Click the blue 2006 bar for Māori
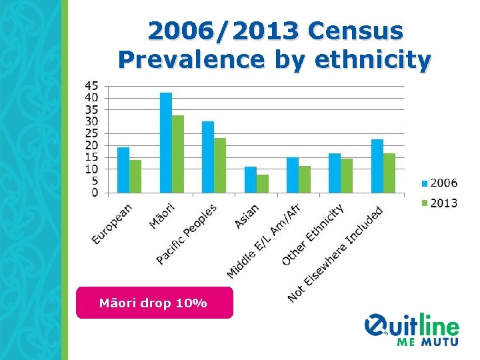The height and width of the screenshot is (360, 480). click(166, 143)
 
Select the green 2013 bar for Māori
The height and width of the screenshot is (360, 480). click(178, 155)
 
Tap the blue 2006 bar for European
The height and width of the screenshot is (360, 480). click(123, 171)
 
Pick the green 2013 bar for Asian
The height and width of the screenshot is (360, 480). click(263, 184)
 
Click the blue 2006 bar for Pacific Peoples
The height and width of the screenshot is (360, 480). click(208, 157)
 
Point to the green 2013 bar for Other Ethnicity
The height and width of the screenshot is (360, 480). click(347, 176)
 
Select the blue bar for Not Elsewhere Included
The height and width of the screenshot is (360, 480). click(377, 167)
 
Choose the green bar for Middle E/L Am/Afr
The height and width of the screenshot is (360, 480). click(305, 180)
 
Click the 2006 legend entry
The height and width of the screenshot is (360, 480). click(439, 183)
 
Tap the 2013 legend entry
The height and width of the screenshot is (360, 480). click(439, 203)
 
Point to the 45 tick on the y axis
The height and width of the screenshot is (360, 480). click(91, 85)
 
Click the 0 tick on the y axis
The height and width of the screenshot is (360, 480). click(95, 193)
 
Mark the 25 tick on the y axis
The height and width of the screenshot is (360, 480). click(91, 133)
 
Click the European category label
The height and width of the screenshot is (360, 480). click(112, 224)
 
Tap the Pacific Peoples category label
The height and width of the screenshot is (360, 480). click(187, 234)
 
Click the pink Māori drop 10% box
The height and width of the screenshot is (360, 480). click(154, 303)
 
